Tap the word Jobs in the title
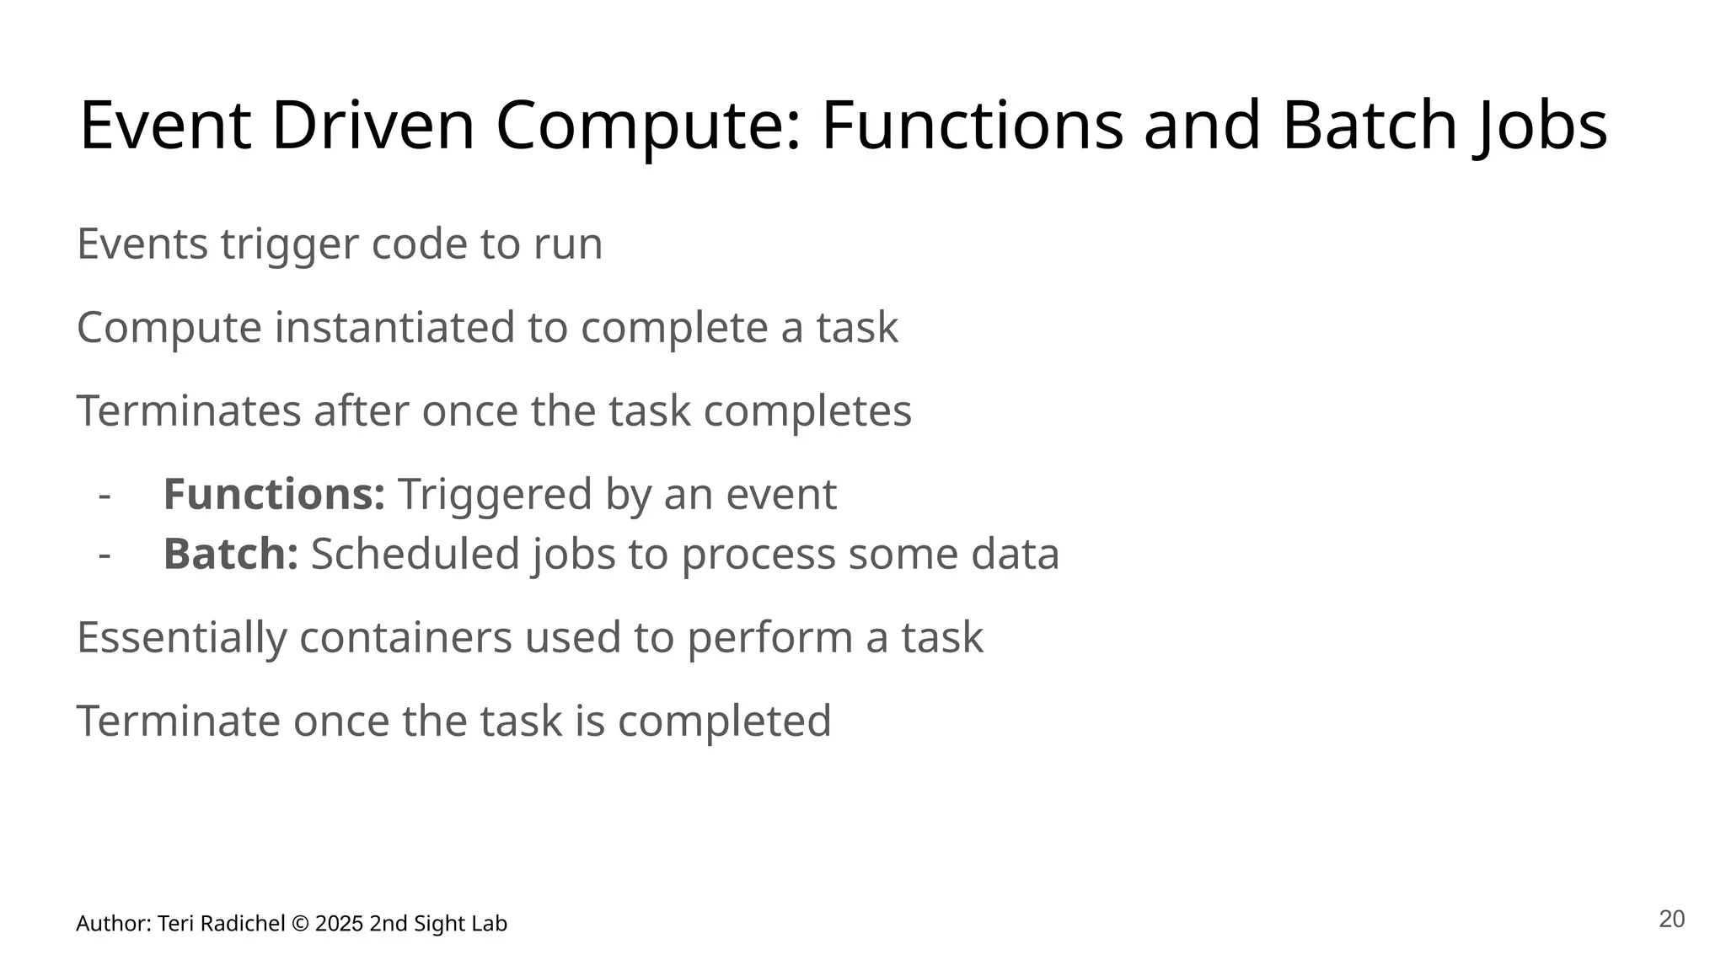(1541, 126)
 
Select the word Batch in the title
(1370, 126)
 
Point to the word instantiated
(394, 328)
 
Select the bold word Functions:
(274, 494)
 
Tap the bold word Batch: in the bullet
(230, 555)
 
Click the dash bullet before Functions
(105, 496)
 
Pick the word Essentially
(181, 637)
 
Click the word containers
(405, 637)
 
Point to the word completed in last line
(724, 722)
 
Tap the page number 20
(1671, 920)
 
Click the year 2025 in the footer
(340, 924)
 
